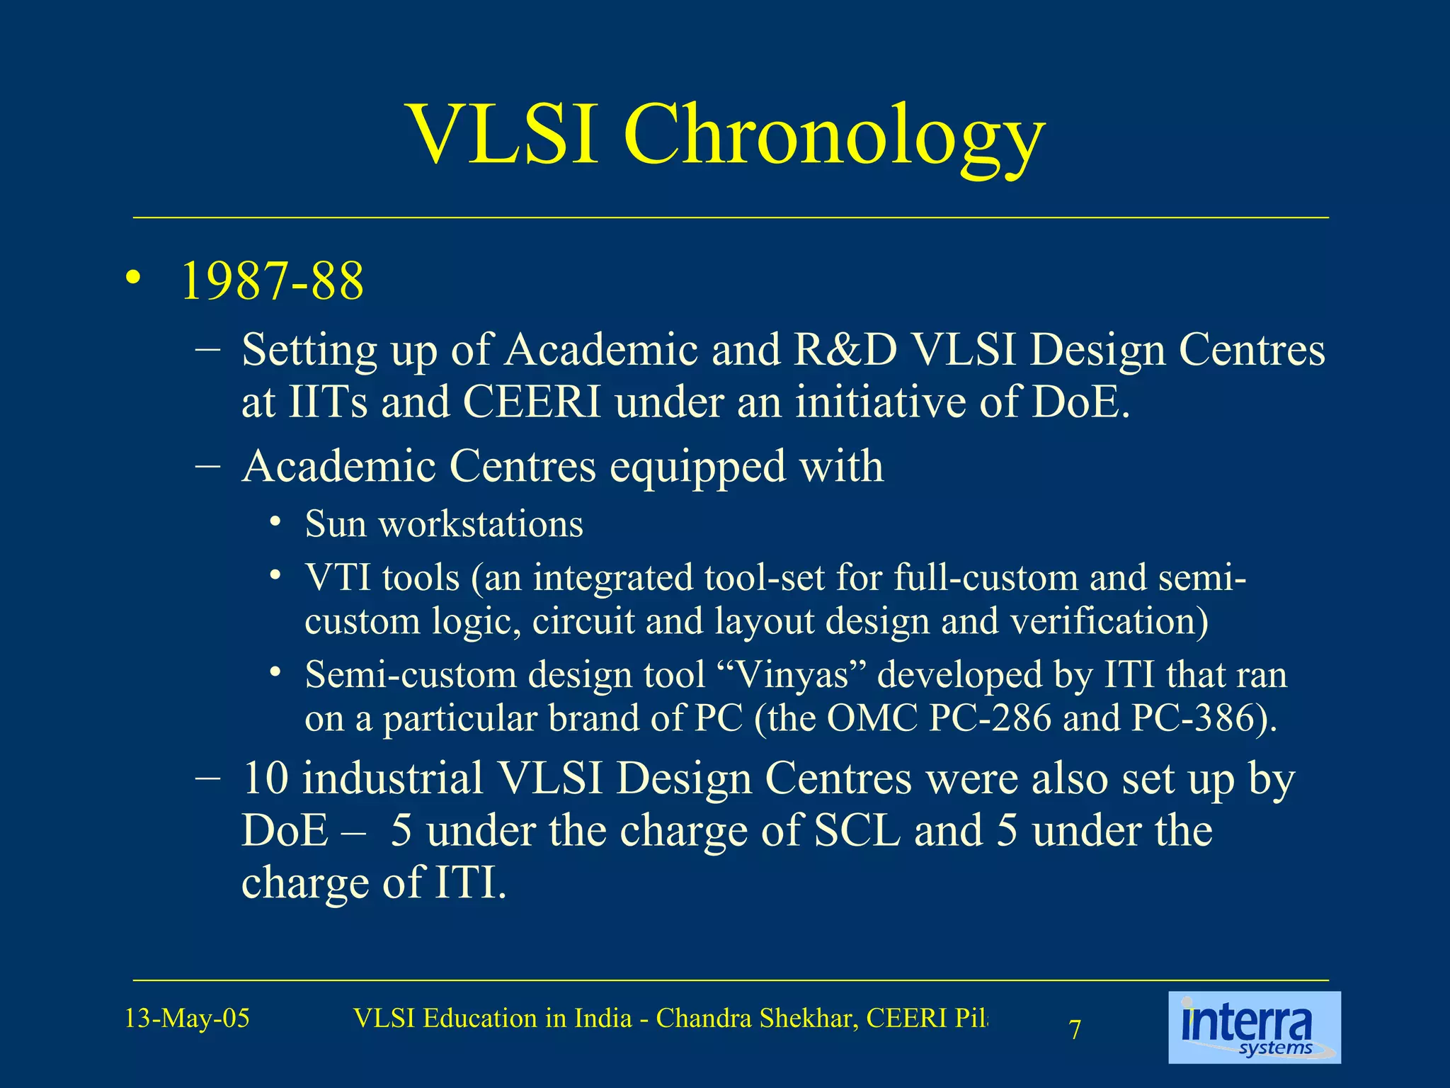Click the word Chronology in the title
click(833, 135)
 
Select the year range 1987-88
click(273, 281)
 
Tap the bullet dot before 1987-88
click(132, 280)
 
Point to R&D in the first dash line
click(845, 350)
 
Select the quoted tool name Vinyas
click(792, 675)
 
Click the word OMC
click(872, 718)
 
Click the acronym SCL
click(857, 831)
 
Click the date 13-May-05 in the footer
click(187, 1019)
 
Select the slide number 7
click(1075, 1030)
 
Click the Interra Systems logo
click(1254, 1027)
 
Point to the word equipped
click(697, 467)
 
